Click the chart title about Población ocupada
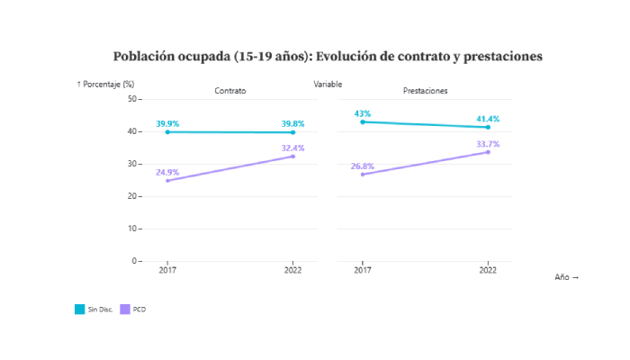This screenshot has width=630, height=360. click(x=328, y=57)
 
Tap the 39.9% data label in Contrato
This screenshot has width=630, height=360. click(x=167, y=123)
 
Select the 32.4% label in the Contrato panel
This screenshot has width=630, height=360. click(x=292, y=148)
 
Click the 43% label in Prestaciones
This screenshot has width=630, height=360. click(x=363, y=113)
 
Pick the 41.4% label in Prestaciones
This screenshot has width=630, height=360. click(x=488, y=119)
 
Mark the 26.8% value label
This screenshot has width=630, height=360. click(x=363, y=166)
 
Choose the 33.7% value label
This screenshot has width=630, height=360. click(x=488, y=144)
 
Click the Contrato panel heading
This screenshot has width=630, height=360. click(x=230, y=92)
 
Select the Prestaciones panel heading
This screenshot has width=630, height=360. click(x=425, y=92)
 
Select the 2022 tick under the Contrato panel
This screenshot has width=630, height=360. click(x=292, y=270)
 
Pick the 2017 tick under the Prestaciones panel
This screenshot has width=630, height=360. click(x=363, y=270)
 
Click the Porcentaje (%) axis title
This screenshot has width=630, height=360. click(x=105, y=85)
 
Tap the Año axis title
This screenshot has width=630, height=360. click(x=566, y=277)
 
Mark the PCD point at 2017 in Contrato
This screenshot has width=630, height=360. click(x=167, y=181)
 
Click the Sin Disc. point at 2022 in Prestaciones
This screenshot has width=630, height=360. click(x=488, y=127)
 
